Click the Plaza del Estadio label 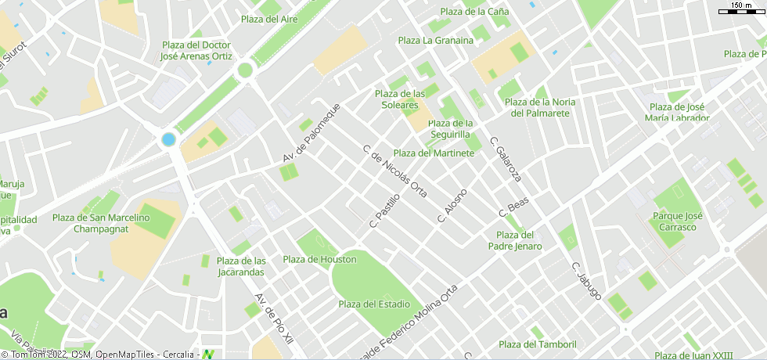click(374, 304)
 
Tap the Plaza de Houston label click(319, 260)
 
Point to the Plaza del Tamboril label click(538, 344)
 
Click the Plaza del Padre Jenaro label click(515, 240)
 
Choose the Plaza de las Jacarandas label click(241, 267)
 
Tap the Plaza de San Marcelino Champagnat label click(101, 223)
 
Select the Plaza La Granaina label click(436, 41)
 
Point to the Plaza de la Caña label click(474, 12)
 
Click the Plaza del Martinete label click(434, 153)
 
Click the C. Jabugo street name click(586, 281)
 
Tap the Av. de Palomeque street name click(311, 133)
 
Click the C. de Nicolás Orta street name click(395, 171)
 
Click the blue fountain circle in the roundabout click(168, 139)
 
